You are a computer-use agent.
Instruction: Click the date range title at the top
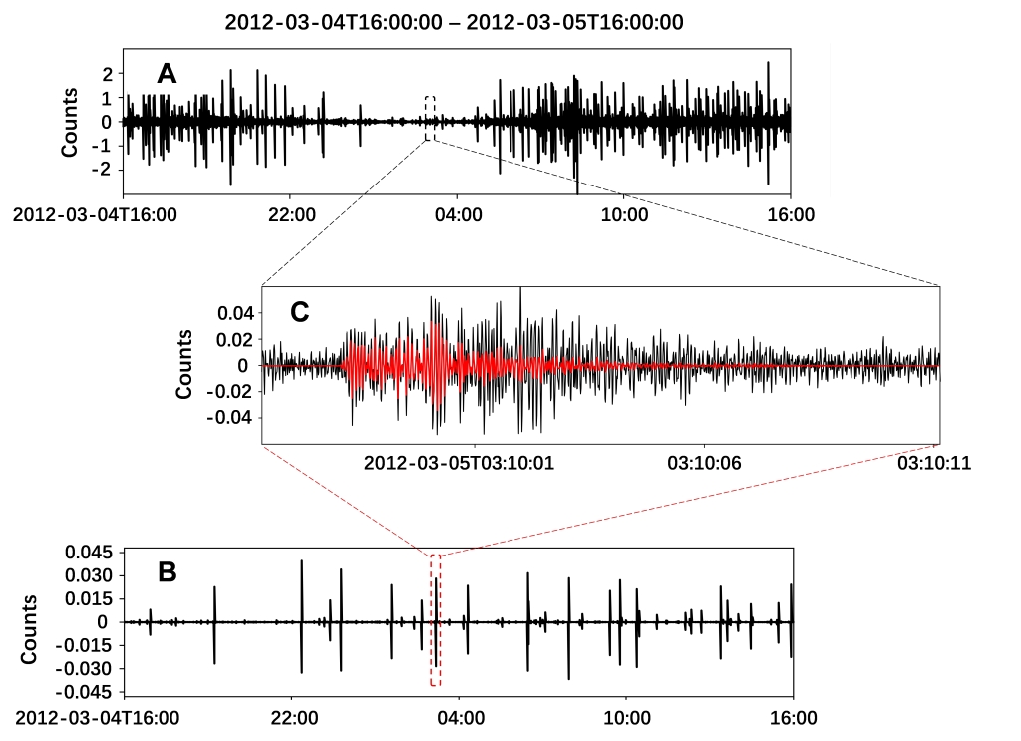(454, 22)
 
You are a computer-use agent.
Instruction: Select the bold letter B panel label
(168, 571)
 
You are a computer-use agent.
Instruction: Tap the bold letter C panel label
(299, 311)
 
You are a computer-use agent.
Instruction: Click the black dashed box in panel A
(430, 118)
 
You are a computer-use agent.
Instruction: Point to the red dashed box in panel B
(435, 620)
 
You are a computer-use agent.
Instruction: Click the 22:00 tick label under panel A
(292, 213)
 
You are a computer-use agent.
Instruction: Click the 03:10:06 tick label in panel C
(704, 463)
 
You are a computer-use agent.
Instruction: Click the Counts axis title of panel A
(70, 123)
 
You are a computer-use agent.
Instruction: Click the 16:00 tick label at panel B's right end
(794, 716)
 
